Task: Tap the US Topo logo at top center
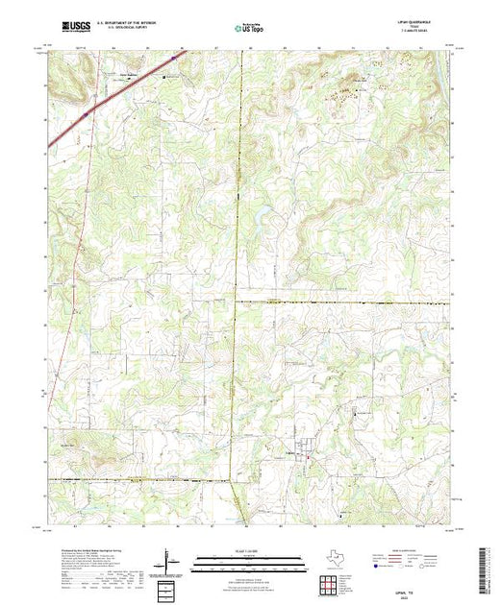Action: (x=251, y=28)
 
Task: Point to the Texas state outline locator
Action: (x=329, y=560)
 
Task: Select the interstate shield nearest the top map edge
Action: (x=85, y=112)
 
